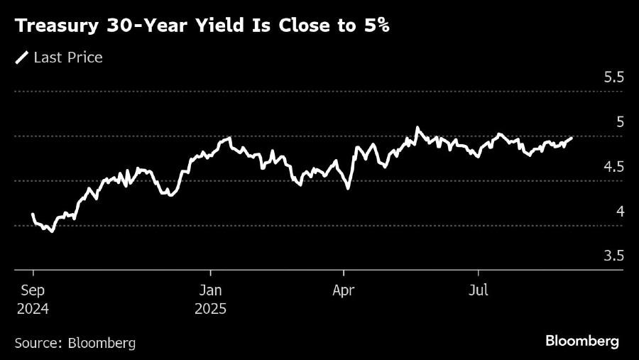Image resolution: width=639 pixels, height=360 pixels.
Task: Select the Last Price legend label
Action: click(68, 58)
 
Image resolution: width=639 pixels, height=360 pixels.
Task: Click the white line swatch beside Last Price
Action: click(22, 58)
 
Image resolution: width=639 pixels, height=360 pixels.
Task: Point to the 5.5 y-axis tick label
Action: click(613, 77)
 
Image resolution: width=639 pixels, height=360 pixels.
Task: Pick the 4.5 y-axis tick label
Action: click(613, 167)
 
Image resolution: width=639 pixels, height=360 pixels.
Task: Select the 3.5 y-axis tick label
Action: click(613, 256)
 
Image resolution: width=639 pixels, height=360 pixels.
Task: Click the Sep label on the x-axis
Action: click(33, 290)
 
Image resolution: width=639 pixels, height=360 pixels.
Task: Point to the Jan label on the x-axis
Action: click(210, 290)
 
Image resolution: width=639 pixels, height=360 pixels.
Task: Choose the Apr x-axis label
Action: click(344, 290)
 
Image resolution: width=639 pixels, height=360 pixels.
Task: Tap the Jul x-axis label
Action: click(478, 290)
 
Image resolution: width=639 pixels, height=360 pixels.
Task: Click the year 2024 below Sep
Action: click(33, 309)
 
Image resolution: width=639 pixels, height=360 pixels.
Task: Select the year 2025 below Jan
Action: click(210, 309)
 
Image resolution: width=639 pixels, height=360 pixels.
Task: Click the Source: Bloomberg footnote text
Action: click(75, 342)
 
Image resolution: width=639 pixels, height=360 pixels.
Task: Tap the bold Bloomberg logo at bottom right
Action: click(582, 342)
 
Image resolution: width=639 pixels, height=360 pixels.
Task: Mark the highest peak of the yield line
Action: click(417, 128)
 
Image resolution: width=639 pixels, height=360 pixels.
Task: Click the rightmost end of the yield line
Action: click(572, 138)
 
